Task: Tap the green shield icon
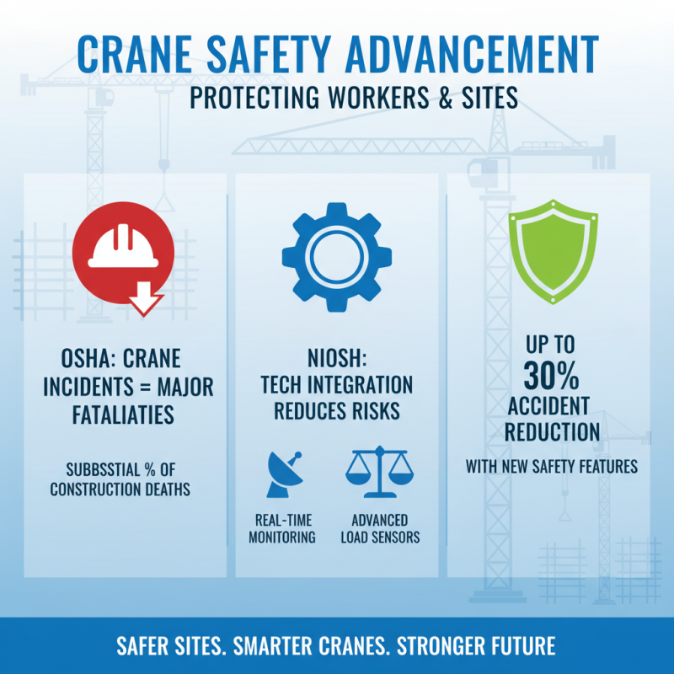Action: (x=553, y=251)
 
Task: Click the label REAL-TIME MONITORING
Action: (x=281, y=528)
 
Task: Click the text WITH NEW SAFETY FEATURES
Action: (x=552, y=466)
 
